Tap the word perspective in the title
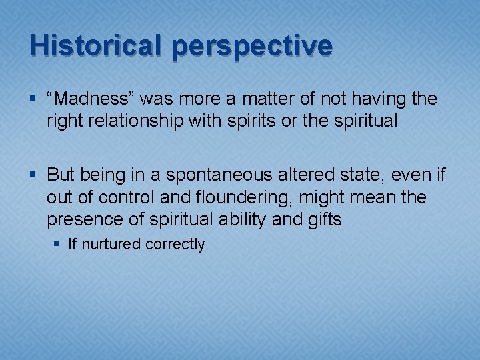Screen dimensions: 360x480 [251, 46]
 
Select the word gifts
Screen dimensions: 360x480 [324, 219]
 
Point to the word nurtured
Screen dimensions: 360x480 [111, 245]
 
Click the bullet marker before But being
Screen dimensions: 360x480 [34, 176]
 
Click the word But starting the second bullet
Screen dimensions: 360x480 [61, 175]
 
